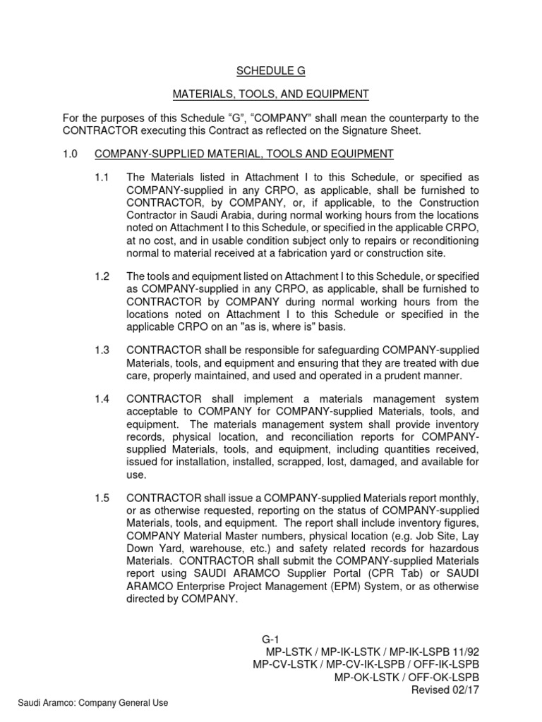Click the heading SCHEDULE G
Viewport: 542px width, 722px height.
click(x=271, y=71)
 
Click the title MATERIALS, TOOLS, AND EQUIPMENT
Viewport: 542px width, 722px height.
click(x=271, y=94)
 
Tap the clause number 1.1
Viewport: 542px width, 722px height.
click(x=102, y=178)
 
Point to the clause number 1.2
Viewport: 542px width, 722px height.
click(x=102, y=276)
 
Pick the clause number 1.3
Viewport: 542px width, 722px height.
click(x=102, y=350)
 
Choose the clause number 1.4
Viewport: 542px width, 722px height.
click(x=102, y=399)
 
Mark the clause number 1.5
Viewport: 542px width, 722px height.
click(x=102, y=498)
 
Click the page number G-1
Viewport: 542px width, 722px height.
click(x=271, y=639)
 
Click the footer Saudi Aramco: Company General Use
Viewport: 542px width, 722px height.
click(x=93, y=703)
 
